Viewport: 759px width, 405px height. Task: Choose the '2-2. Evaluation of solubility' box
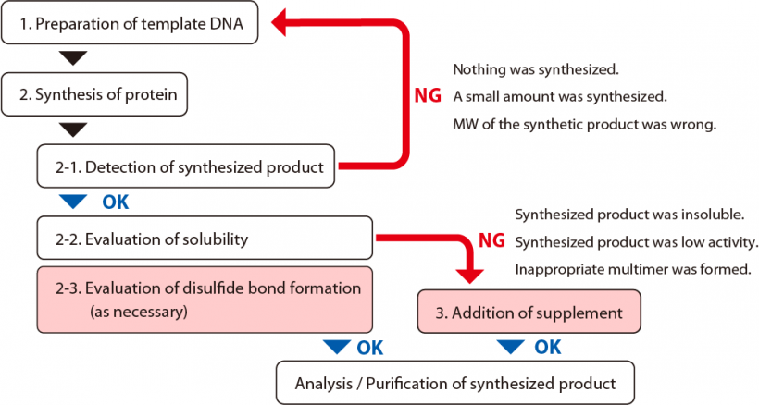point(204,239)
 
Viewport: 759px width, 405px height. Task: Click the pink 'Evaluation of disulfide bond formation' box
point(204,300)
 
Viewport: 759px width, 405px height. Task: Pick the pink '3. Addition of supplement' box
point(529,313)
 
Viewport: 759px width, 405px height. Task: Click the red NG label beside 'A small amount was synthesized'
point(429,96)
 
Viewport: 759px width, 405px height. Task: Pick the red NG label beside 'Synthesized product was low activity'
point(491,242)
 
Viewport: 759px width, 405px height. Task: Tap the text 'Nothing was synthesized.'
point(535,69)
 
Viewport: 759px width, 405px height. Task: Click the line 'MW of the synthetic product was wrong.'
point(584,124)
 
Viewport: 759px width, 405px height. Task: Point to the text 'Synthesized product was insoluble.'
point(629,215)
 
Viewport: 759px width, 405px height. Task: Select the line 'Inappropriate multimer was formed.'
point(632,271)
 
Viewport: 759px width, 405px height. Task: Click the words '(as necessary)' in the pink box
point(139,312)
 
